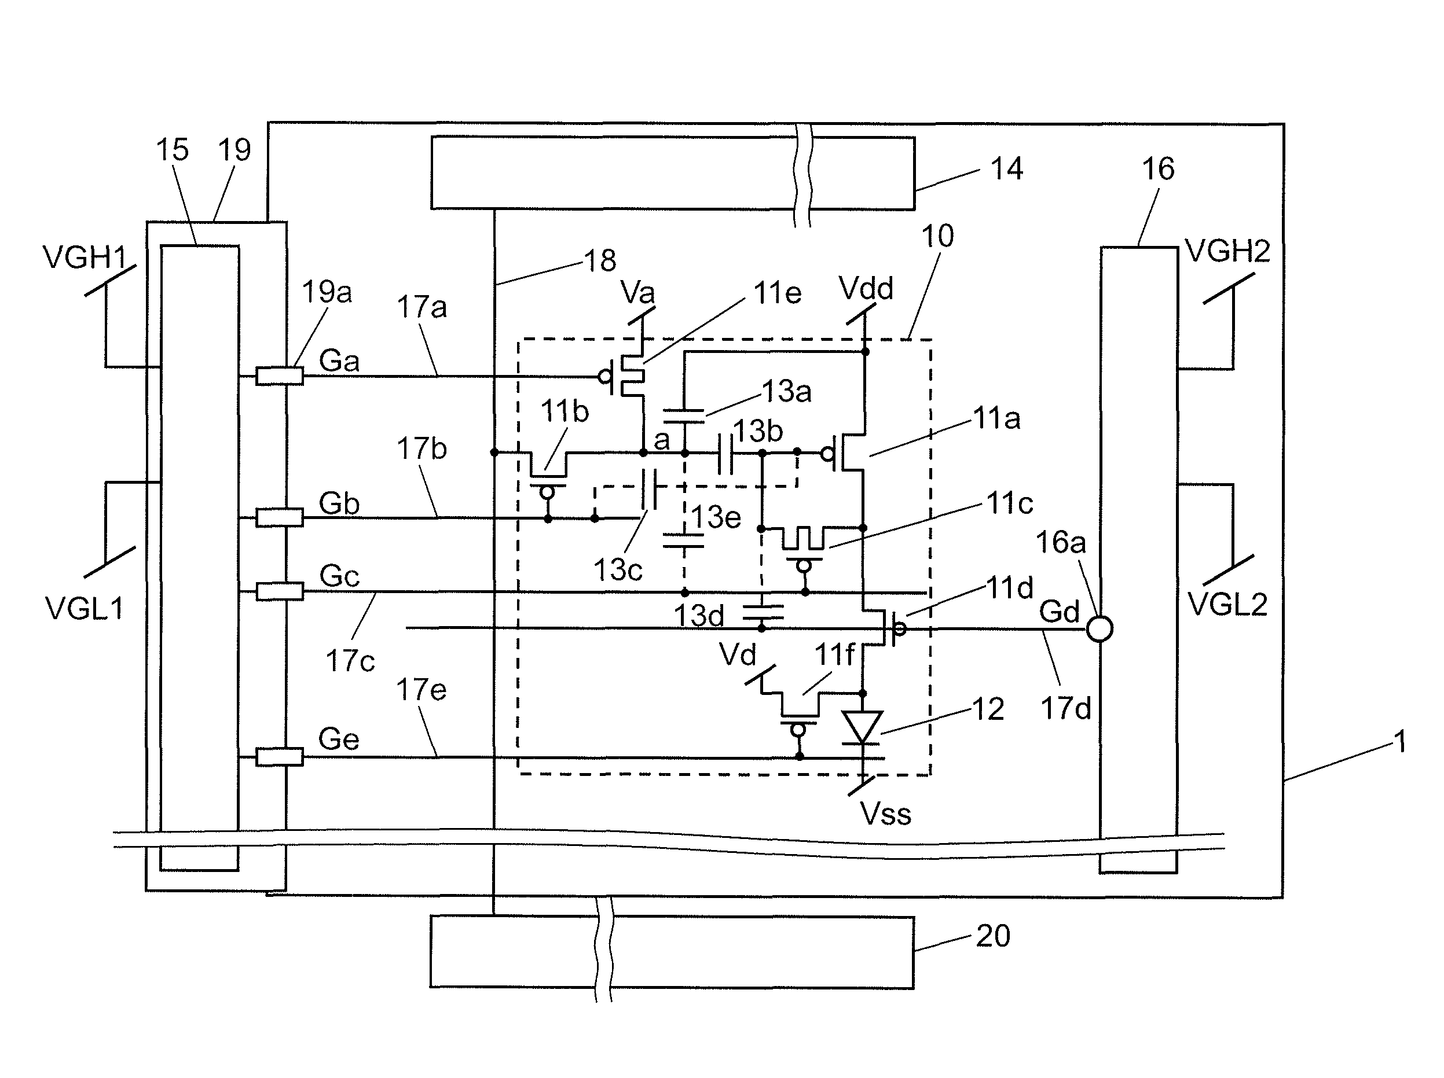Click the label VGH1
point(85,257)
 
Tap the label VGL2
point(1227,605)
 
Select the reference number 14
point(1007,169)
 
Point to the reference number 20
point(993,936)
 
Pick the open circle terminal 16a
point(1100,629)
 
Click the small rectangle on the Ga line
point(280,376)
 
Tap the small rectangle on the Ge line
point(280,757)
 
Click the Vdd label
point(866,288)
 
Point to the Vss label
point(885,814)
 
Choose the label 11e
point(777,293)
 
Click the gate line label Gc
point(339,576)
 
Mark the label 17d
point(1065,709)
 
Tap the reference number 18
point(599,261)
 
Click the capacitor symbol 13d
point(763,612)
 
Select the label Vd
point(738,655)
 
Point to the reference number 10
point(937,236)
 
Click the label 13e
point(716,517)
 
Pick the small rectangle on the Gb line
point(280,517)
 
